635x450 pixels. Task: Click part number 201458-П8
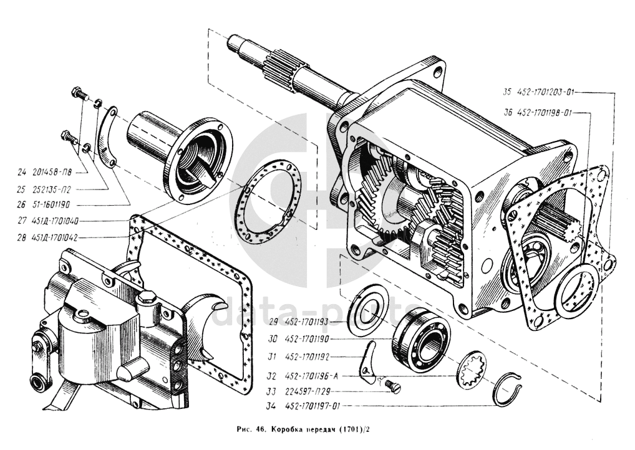51,173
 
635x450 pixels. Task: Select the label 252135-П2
52,189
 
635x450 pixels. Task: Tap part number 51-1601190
51,205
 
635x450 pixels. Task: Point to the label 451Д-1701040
55,221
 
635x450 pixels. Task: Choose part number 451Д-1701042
55,237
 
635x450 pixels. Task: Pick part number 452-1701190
307,339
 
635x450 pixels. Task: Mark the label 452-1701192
307,357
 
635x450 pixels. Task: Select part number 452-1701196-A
311,376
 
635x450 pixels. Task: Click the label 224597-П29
308,391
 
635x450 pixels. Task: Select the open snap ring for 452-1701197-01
508,389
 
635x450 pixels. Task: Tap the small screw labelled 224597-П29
392,386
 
